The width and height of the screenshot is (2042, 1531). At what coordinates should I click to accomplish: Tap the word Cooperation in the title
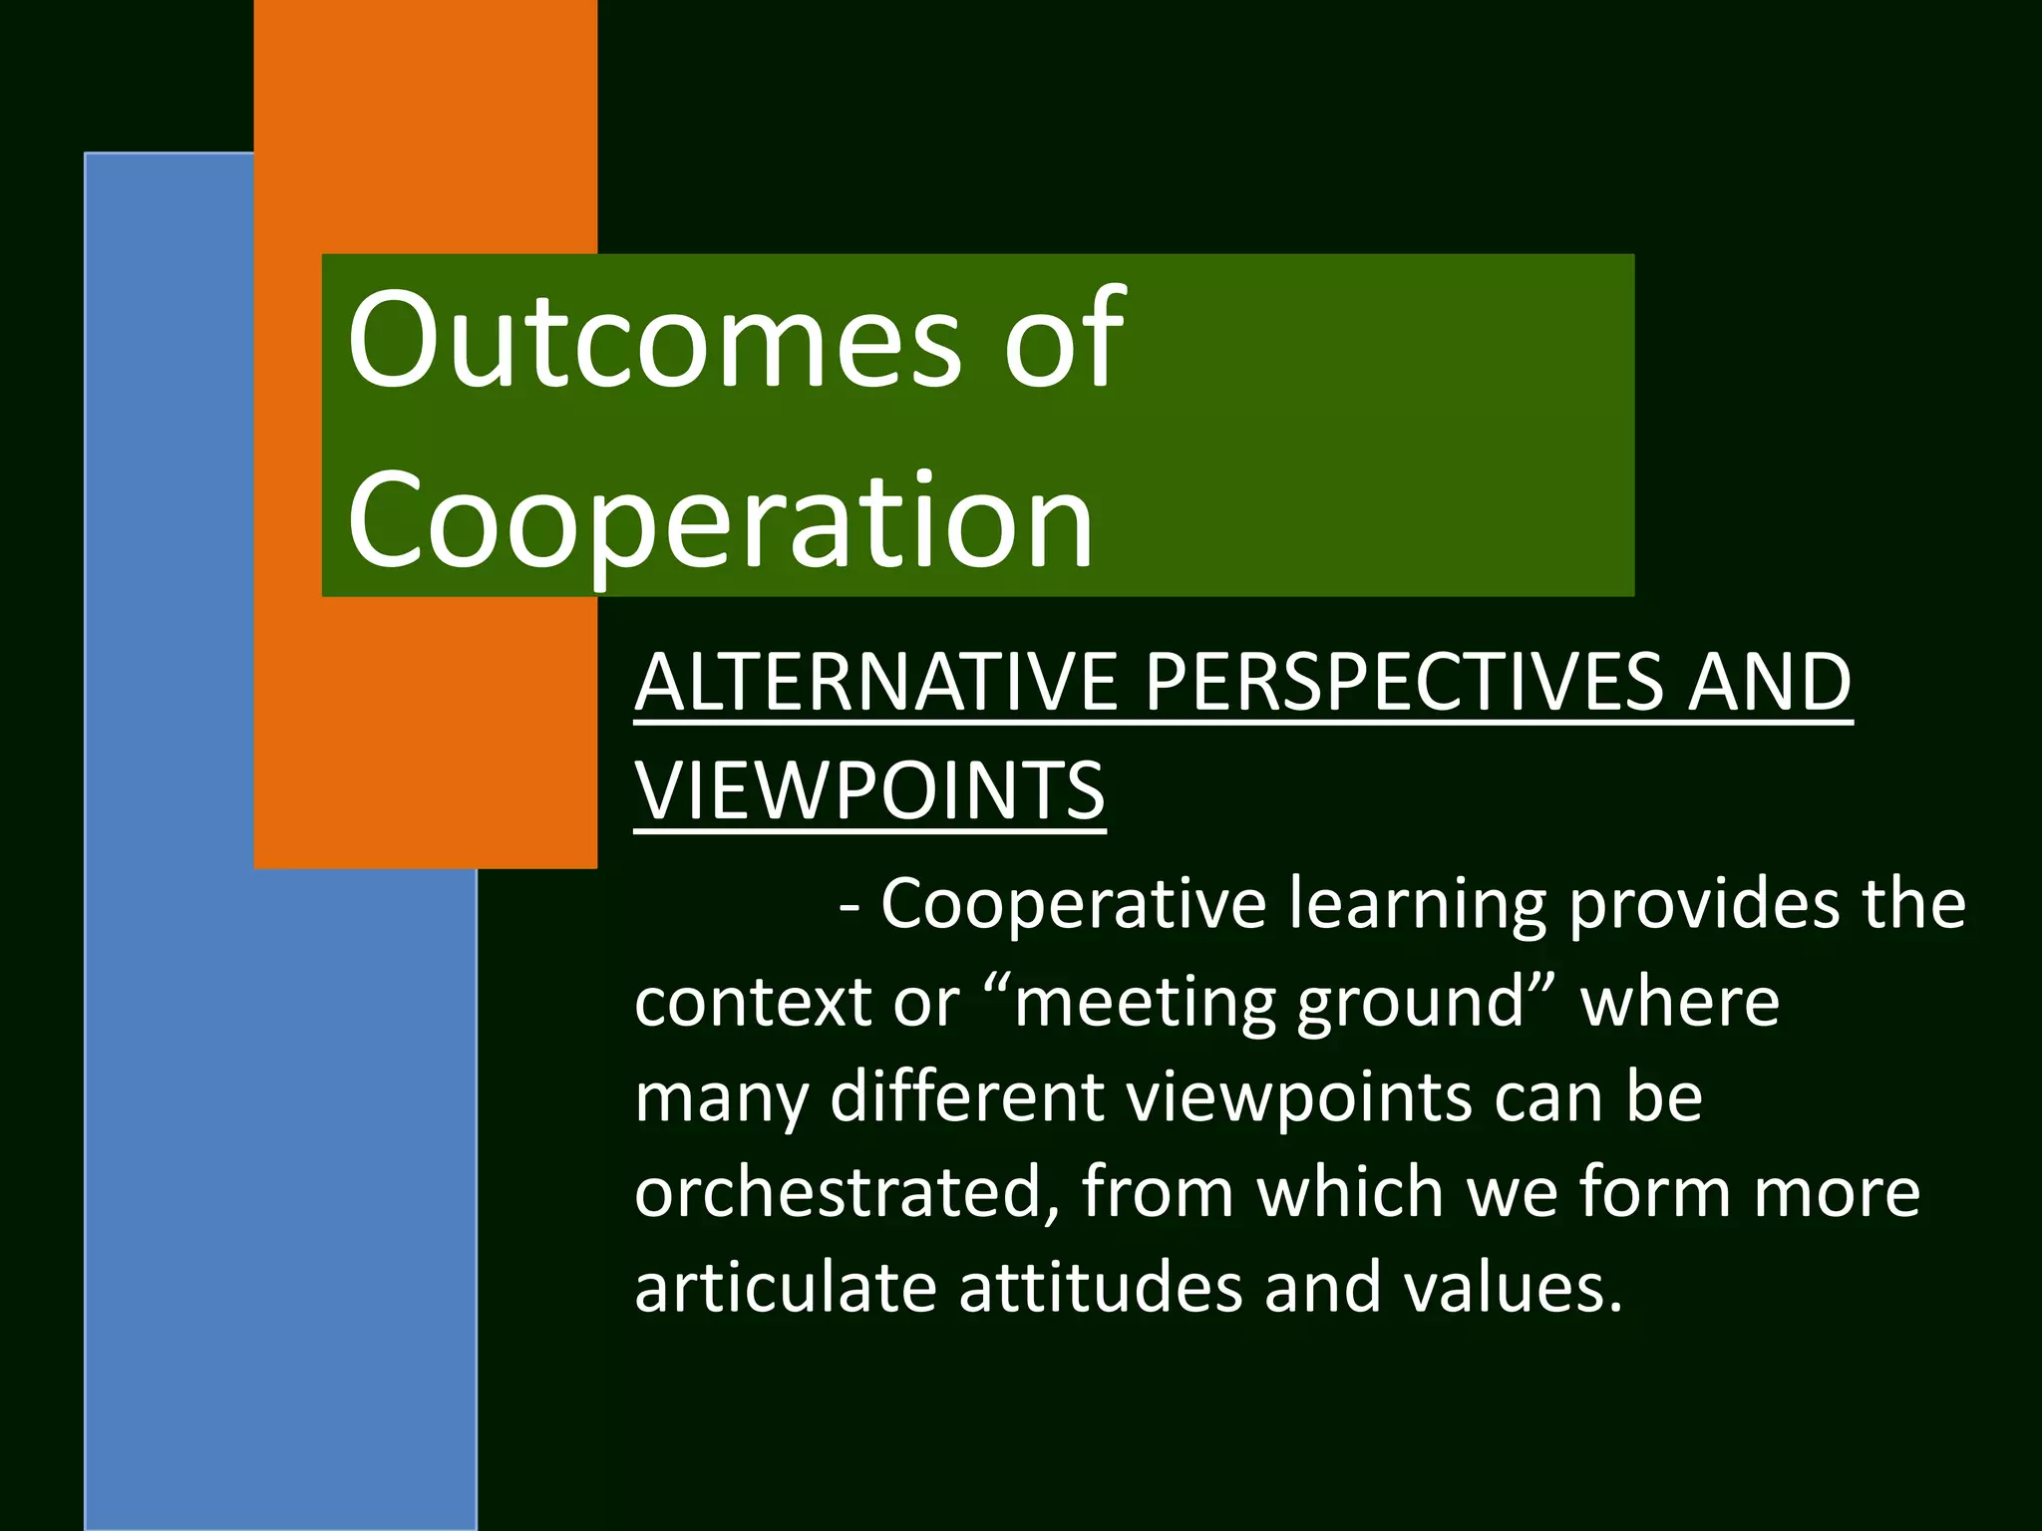(x=720, y=523)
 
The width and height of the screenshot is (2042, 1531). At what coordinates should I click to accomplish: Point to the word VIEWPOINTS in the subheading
(x=869, y=790)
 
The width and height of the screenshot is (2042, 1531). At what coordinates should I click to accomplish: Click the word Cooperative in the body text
(x=1073, y=904)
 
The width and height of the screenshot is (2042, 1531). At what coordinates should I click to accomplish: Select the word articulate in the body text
(x=786, y=1287)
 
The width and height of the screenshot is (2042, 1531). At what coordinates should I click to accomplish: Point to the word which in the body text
(x=1350, y=1192)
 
